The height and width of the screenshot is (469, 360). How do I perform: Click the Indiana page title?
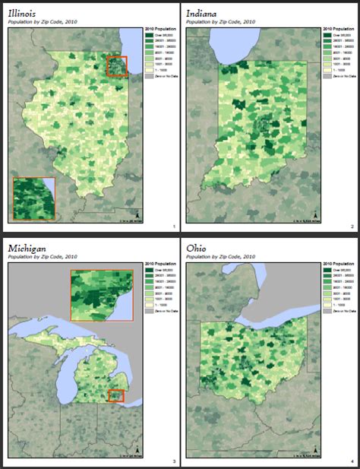pyautogui.click(x=202, y=14)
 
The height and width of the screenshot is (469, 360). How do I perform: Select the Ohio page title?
pyautogui.click(x=197, y=249)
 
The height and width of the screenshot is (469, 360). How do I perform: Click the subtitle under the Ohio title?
pyautogui.click(x=221, y=257)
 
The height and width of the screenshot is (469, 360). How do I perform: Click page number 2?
pyautogui.click(x=352, y=227)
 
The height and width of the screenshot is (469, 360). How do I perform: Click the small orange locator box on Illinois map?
pyautogui.click(x=117, y=66)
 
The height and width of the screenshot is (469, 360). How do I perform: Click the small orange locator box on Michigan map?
pyautogui.click(x=115, y=395)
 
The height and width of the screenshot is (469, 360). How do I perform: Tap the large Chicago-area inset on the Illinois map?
pyautogui.click(x=34, y=198)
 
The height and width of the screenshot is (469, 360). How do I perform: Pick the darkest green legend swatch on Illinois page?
pyautogui.click(x=149, y=36)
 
